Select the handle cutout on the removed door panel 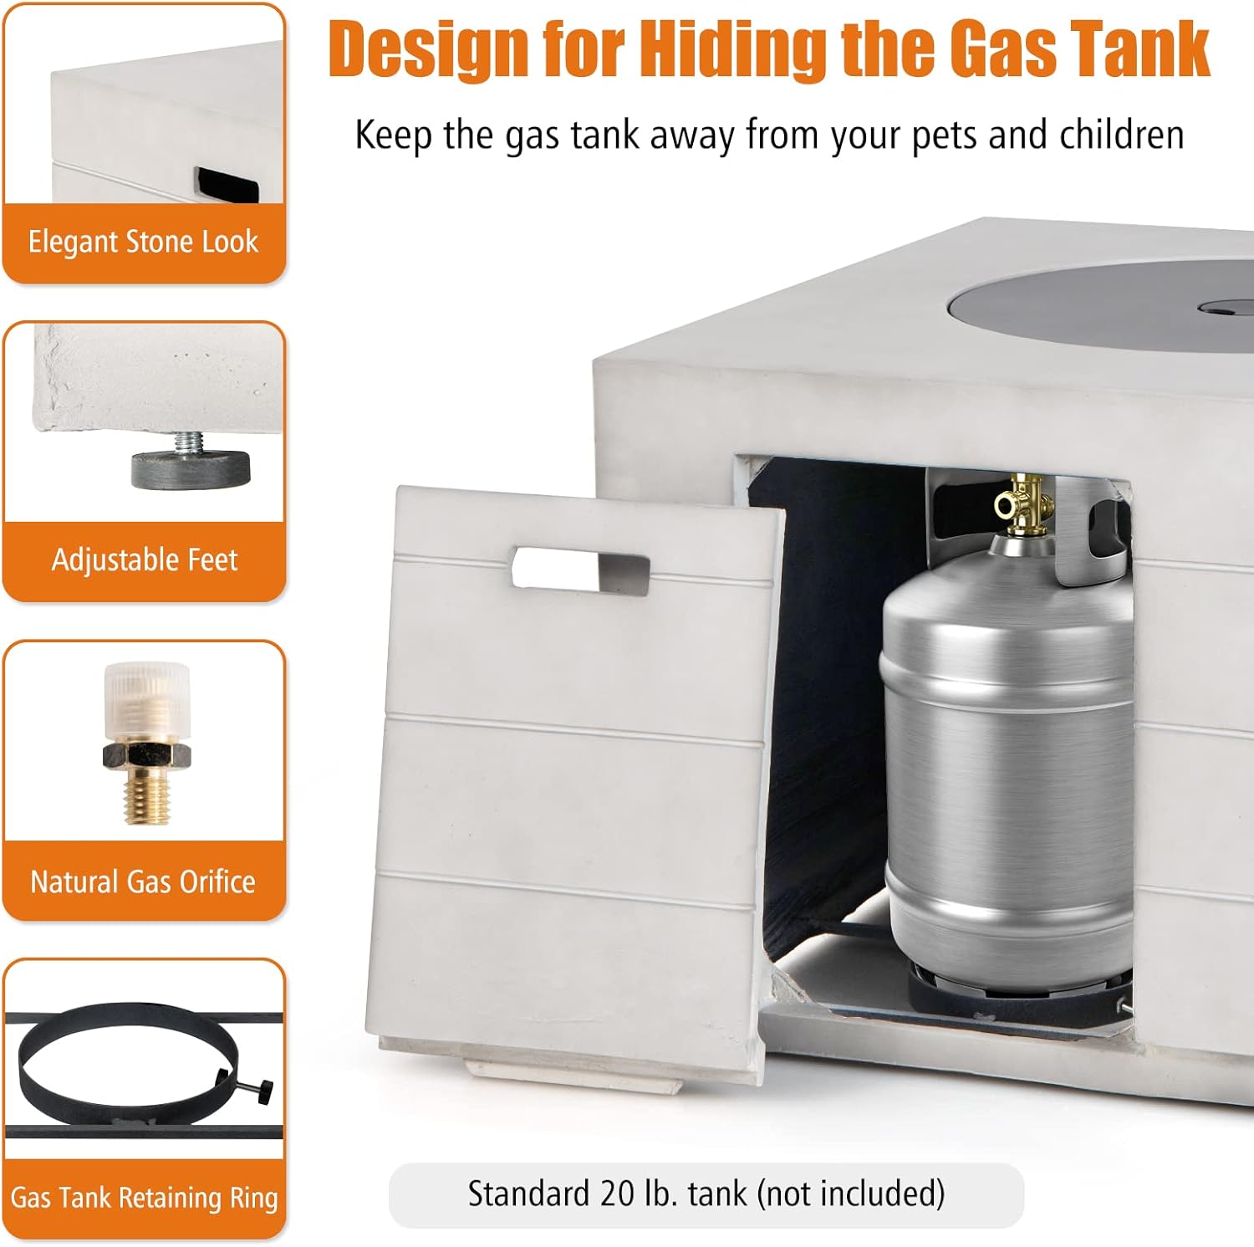coord(580,570)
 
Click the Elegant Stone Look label coord(143,242)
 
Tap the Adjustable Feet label coord(145,560)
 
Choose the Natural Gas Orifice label coord(143,882)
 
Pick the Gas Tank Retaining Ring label coord(144,1198)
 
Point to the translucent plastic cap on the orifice coord(147,702)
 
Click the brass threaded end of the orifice coord(147,795)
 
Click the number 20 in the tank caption coord(617,1193)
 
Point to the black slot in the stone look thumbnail coord(227,185)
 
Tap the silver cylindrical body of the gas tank coord(1007,753)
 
